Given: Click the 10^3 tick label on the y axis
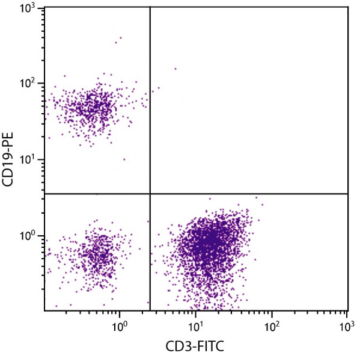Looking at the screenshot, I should pyautogui.click(x=28, y=9).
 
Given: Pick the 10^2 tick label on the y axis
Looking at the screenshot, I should pyautogui.click(x=28, y=84).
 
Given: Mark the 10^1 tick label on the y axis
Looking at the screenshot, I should pyautogui.click(x=28, y=159).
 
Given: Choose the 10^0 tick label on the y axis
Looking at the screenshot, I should pyautogui.click(x=28, y=235).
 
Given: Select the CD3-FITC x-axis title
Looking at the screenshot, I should pyautogui.click(x=196, y=347).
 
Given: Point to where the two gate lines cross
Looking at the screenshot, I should pyautogui.click(x=150, y=194).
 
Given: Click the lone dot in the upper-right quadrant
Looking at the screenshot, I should pyautogui.click(x=175, y=69).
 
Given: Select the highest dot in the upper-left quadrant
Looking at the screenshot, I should pyautogui.click(x=121, y=37).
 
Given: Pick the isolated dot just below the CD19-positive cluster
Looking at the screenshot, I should pyautogui.click(x=124, y=159).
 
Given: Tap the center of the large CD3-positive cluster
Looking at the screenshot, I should pyautogui.click(x=207, y=244).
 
